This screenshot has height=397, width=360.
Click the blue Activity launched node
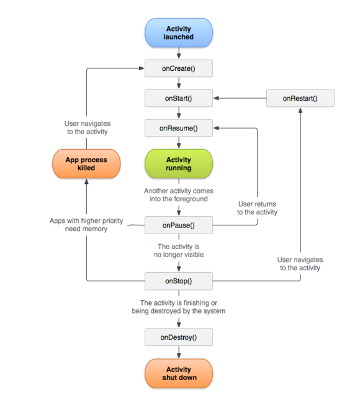pos(179,33)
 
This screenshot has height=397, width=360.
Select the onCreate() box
pos(179,68)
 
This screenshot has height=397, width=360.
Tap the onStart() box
pos(179,98)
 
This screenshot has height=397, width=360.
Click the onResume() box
pos(179,128)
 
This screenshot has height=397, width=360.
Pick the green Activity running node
pos(179,163)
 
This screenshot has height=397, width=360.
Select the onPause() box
pos(179,225)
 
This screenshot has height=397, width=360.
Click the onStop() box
pos(179,281)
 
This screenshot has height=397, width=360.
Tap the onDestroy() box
pos(179,337)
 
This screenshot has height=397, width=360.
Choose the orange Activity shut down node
pos(179,373)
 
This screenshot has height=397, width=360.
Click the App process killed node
pos(86,163)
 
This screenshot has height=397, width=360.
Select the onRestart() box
pos(300,98)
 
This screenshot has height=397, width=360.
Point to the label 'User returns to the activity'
pos(257,208)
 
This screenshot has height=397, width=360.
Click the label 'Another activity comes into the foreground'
pos(179,194)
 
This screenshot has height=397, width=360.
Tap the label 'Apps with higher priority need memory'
pos(86,224)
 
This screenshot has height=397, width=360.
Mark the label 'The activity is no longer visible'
pos(179,250)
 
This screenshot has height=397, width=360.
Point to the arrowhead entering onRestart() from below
pos(300,110)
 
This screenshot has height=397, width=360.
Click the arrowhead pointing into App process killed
pos(86,181)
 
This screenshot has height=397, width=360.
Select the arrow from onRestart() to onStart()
pos(240,98)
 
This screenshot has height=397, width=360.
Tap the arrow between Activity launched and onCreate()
pos(179,53)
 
